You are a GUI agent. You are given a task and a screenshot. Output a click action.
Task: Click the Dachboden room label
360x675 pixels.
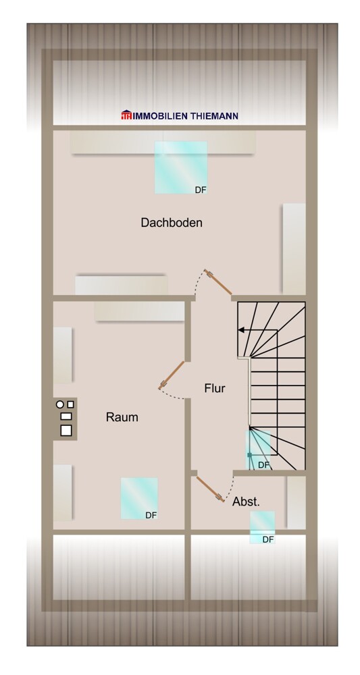pyautogui.click(x=172, y=222)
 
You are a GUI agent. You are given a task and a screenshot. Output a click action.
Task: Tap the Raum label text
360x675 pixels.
pyautogui.click(x=122, y=417)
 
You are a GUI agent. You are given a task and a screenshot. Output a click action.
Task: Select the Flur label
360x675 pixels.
pyautogui.click(x=215, y=388)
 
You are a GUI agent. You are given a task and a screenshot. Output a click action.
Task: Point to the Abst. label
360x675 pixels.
pyautogui.click(x=246, y=502)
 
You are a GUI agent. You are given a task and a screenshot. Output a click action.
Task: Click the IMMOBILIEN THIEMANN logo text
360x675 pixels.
pyautogui.click(x=185, y=116)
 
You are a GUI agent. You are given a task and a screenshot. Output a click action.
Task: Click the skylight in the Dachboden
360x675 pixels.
pyautogui.click(x=180, y=167)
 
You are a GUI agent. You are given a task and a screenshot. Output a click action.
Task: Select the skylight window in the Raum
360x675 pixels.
pyautogui.click(x=139, y=498)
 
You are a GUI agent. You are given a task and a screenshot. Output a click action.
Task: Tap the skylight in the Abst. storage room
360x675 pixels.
pyautogui.click(x=262, y=526)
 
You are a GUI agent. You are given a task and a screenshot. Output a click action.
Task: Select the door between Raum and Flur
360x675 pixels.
pyautogui.click(x=172, y=375)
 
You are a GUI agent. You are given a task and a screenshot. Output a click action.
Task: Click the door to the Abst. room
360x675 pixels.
pyautogui.click(x=209, y=489)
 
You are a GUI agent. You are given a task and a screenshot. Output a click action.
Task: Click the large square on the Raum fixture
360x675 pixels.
pyautogui.click(x=66, y=429)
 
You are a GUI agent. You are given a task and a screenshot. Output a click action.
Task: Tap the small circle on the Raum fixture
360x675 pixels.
pyautogui.click(x=60, y=404)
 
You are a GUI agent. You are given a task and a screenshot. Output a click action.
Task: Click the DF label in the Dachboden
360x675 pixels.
pyautogui.click(x=201, y=190)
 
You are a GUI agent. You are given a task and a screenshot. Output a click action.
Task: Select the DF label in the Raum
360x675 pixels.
pyautogui.click(x=151, y=515)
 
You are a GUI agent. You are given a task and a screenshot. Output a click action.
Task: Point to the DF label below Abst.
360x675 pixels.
pyautogui.click(x=268, y=539)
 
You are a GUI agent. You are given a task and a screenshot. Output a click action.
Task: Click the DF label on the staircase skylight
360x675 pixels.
pyautogui.click(x=263, y=465)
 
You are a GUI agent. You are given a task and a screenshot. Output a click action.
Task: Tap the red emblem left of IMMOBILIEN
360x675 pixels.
pyautogui.click(x=126, y=116)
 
